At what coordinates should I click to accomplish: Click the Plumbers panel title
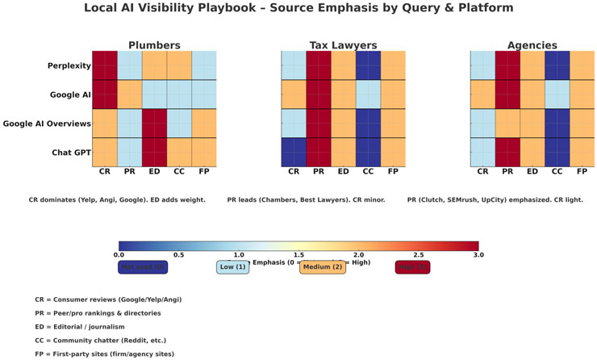tap(154, 44)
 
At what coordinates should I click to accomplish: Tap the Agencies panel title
tap(532, 44)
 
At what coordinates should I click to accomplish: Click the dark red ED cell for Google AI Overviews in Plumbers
tap(154, 123)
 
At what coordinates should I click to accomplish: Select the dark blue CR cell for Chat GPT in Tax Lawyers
tap(293, 153)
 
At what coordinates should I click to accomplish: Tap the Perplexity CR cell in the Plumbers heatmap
tap(104, 65)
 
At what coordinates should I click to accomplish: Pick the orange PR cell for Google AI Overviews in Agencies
tap(507, 123)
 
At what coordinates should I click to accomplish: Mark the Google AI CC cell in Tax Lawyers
tap(368, 94)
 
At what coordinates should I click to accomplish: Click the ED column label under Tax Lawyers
tap(343, 172)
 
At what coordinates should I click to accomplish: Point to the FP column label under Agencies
tap(582, 172)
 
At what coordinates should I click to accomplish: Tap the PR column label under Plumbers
tap(129, 172)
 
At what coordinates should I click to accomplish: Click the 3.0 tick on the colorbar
tap(478, 255)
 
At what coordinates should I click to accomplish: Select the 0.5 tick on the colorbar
tap(178, 255)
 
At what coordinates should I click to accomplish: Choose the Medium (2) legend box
tap(323, 267)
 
